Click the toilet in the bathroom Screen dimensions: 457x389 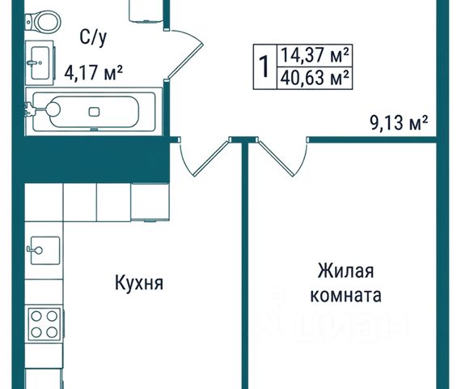point(44,21)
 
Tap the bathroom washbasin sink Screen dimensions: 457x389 point(40,62)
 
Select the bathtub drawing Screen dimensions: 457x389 point(94,112)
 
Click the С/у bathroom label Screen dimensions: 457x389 point(93,38)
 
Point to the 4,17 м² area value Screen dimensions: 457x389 point(93,73)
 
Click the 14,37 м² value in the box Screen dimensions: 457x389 point(315,55)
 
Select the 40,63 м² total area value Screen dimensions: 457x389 point(315,78)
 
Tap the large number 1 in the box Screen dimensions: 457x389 point(264,66)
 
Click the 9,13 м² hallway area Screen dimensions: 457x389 point(399,122)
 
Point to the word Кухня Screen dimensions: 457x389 point(139,283)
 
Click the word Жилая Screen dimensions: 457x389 point(345,271)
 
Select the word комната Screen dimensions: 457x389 point(345,295)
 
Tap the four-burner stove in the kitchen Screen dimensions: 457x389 point(44,323)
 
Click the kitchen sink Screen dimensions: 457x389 point(44,250)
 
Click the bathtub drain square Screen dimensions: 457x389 point(94,112)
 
